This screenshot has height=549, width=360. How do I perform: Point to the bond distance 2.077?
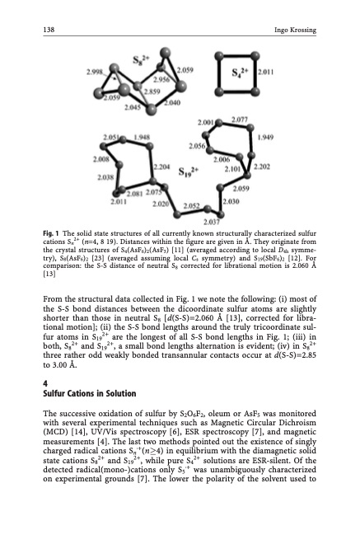pyautogui.click(x=239, y=120)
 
